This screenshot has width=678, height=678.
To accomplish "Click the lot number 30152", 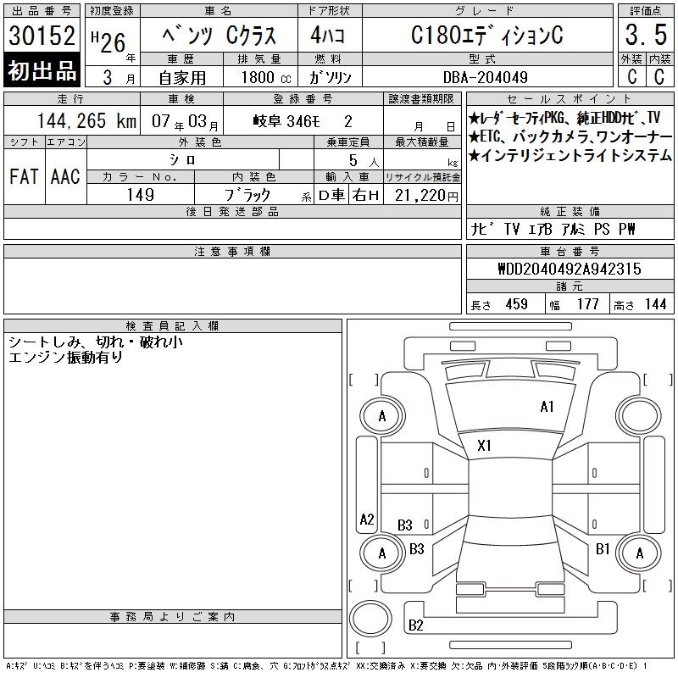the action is (x=42, y=36).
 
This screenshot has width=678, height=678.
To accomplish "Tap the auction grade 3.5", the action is (x=646, y=35).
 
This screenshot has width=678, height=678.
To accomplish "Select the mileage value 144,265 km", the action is (x=86, y=121).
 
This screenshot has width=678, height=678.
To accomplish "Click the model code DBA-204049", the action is (x=485, y=77).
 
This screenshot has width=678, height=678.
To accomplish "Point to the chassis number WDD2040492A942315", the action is (x=570, y=269).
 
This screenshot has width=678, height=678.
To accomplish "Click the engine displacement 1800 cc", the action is (x=266, y=77).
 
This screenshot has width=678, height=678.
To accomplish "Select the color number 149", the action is (x=141, y=195).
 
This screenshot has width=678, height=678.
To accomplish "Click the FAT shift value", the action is (x=24, y=176).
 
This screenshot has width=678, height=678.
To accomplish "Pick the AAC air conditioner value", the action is (x=65, y=176).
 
